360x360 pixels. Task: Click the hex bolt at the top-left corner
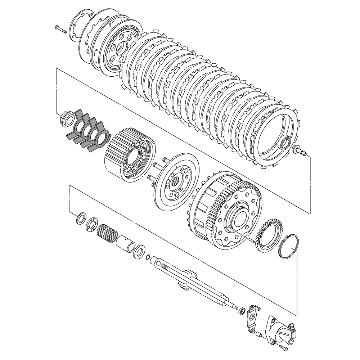(61, 30)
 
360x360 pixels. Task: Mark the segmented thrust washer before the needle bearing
(92, 225)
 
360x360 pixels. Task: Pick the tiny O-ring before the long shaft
(148, 257)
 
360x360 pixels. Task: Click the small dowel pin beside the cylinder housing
(259, 334)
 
